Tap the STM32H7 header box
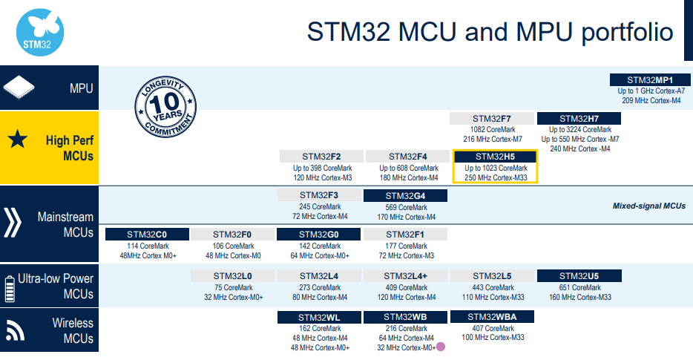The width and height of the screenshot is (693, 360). click(x=579, y=118)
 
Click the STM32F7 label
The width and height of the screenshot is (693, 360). click(x=492, y=118)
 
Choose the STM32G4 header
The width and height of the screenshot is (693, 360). click(x=405, y=196)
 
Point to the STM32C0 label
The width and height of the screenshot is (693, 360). click(x=147, y=235)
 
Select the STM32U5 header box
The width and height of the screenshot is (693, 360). click(x=579, y=276)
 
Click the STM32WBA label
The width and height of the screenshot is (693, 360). click(x=492, y=317)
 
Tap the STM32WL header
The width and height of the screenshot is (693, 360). click(x=320, y=317)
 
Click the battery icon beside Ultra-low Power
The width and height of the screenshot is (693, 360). click(x=10, y=287)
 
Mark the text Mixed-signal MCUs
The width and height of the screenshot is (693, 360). click(x=648, y=206)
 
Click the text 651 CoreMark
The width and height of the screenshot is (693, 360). click(x=579, y=288)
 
